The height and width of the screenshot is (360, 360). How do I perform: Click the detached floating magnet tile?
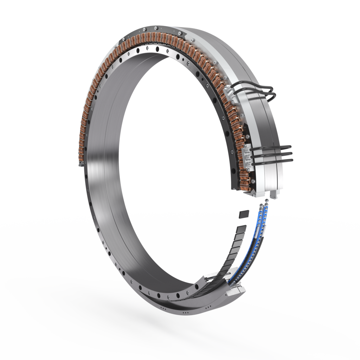tap(244, 213)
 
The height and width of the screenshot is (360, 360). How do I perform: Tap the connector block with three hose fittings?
tap(248, 155)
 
